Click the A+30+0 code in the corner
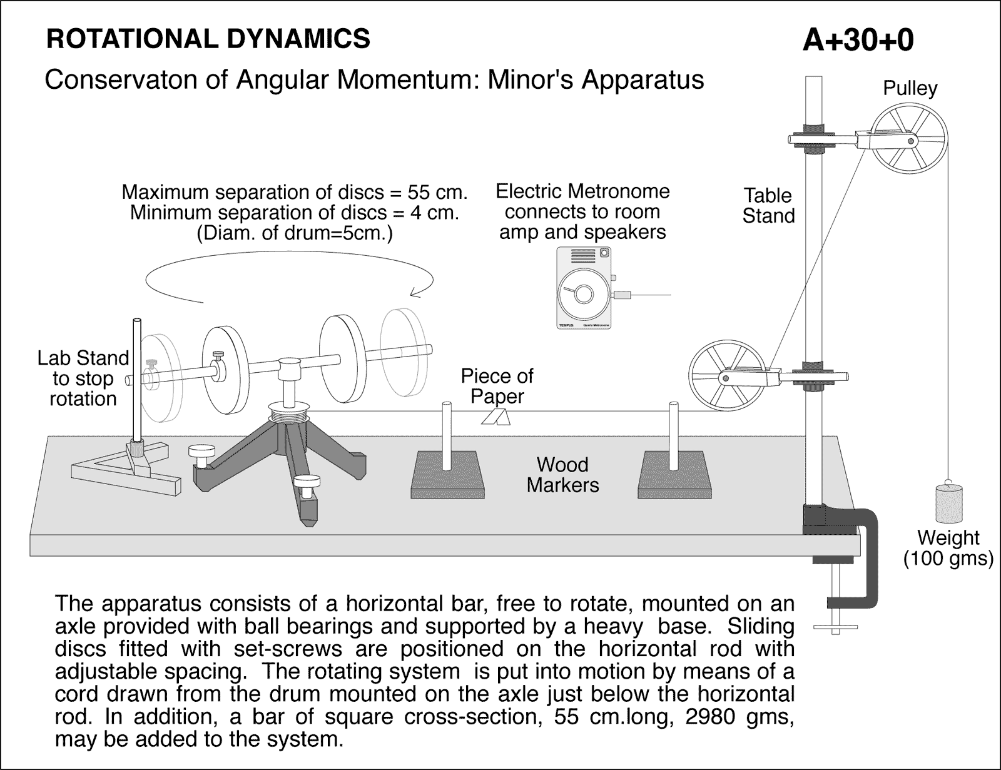tap(858, 41)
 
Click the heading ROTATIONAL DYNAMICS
tap(208, 39)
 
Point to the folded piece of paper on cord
tap(496, 417)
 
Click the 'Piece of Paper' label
tap(497, 386)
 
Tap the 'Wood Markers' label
tap(562, 475)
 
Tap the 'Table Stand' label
tap(768, 206)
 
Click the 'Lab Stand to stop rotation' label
tap(83, 378)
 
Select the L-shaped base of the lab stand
tap(125, 472)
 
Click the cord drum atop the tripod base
tap(289, 413)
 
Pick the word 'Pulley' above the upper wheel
tap(910, 88)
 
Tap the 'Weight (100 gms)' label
tap(948, 547)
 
